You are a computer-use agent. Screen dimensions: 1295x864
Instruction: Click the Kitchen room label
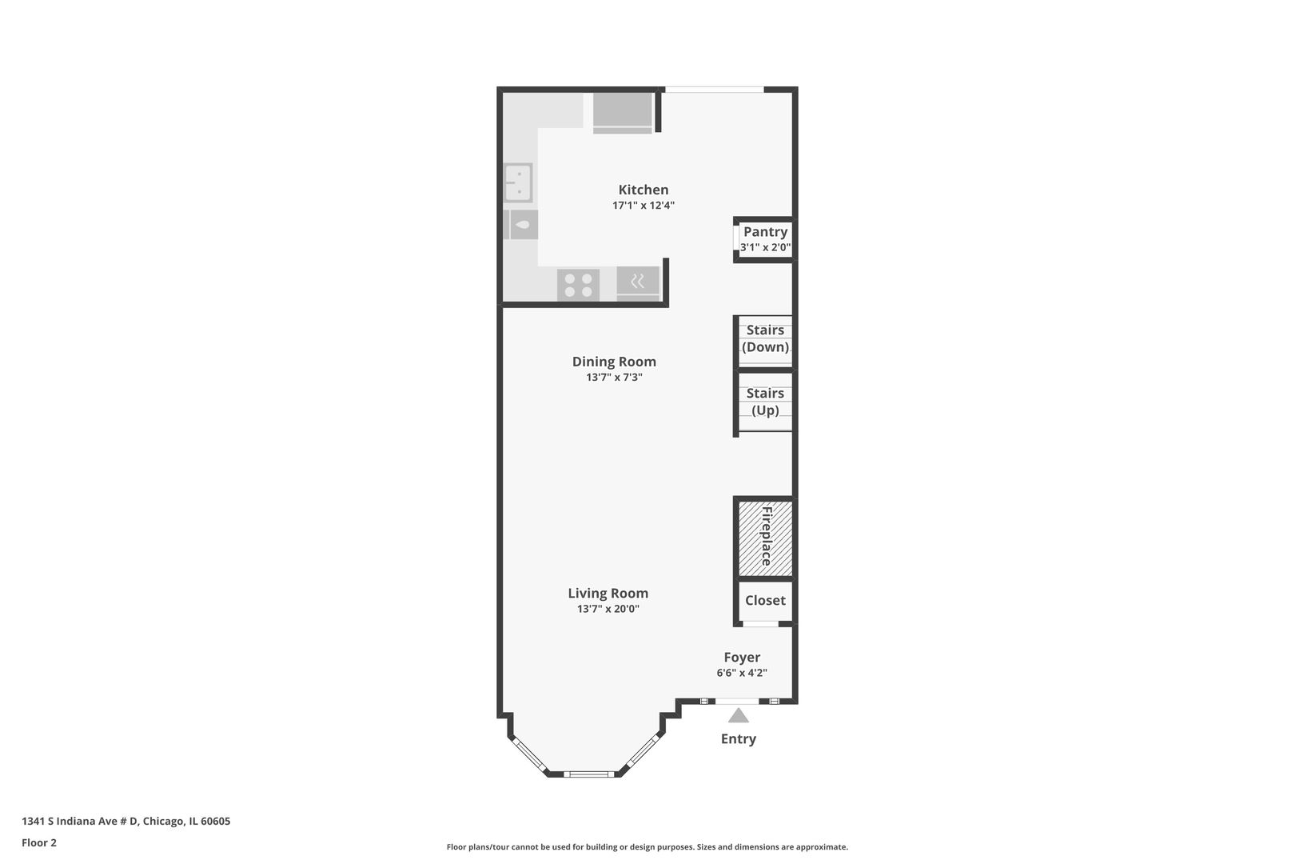[643, 190]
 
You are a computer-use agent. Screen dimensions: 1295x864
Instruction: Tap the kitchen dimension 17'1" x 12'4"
[644, 206]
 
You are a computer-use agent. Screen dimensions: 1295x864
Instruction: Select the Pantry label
[766, 232]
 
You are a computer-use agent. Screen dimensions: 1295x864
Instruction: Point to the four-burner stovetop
[578, 286]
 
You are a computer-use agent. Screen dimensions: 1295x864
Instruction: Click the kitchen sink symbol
[518, 183]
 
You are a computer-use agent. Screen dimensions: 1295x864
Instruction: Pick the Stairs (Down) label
[766, 338]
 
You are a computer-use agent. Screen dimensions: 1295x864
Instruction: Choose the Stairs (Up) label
[766, 402]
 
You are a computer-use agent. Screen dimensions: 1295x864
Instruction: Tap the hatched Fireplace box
[766, 538]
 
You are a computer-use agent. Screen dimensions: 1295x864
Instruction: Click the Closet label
[766, 601]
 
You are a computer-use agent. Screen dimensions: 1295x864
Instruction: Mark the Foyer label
[742, 658]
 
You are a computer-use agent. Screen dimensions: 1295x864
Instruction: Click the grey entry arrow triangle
[739, 716]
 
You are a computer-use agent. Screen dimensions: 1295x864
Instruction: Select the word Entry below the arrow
[739, 739]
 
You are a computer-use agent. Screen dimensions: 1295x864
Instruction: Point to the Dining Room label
[614, 362]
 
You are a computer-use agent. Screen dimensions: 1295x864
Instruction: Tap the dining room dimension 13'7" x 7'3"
[614, 378]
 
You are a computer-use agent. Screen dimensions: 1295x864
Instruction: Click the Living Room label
[608, 593]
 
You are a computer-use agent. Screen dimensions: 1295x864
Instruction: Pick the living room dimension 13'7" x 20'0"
[608, 609]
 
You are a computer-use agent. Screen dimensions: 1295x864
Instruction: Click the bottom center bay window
[589, 774]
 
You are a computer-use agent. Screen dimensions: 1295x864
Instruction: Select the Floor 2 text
[39, 842]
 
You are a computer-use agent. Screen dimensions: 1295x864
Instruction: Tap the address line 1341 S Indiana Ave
[126, 821]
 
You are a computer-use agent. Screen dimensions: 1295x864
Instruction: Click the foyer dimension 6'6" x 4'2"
[742, 673]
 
